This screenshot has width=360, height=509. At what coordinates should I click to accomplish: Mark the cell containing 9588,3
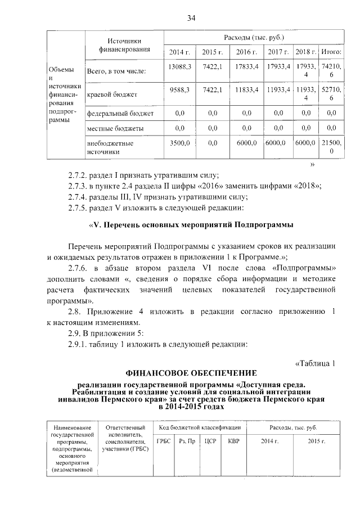[x=180, y=89]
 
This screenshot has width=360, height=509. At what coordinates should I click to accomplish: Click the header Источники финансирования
[x=124, y=45]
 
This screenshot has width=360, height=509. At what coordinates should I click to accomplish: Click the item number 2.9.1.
[x=82, y=344]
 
